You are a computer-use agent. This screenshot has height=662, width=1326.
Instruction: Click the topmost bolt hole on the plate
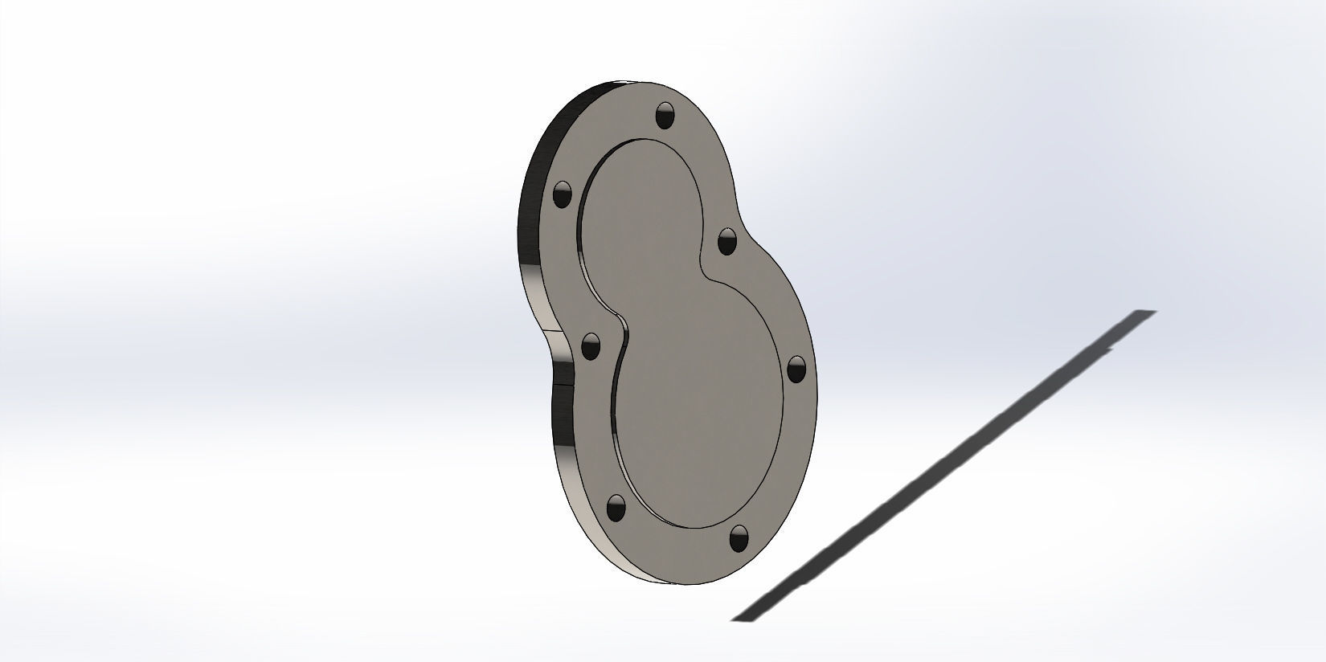666,116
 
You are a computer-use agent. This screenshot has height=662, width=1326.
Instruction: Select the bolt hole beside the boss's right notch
726,240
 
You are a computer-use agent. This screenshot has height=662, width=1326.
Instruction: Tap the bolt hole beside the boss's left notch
591,346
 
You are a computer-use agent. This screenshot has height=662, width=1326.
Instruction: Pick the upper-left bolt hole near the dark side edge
563,194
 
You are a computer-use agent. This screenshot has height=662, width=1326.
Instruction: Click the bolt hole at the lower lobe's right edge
796,369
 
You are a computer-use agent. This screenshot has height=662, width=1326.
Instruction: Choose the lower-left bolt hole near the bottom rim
616,506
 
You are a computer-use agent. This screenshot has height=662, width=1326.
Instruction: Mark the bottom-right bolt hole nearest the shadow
739,537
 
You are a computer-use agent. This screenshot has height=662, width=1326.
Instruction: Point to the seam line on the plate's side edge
555,384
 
